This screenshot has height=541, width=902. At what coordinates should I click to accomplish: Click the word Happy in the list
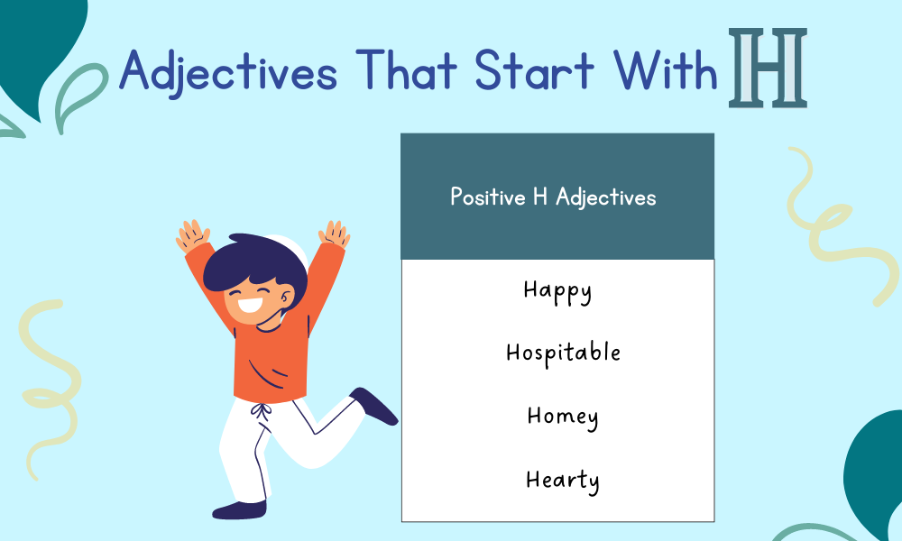pyautogui.click(x=557, y=291)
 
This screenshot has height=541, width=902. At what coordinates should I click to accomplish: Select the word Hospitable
pyautogui.click(x=563, y=353)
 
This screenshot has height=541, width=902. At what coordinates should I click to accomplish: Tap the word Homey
pyautogui.click(x=563, y=417)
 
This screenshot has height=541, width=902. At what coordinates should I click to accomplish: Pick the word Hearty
pyautogui.click(x=562, y=480)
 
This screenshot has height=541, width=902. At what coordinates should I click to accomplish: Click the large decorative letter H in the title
pyautogui.click(x=769, y=69)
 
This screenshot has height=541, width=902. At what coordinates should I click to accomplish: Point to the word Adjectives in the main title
pyautogui.click(x=227, y=71)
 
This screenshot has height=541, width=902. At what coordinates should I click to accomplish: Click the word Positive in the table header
pyautogui.click(x=486, y=197)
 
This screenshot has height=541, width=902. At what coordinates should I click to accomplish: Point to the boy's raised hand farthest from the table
pyautogui.click(x=192, y=236)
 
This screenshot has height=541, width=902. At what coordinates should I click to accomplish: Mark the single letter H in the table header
pyautogui.click(x=540, y=197)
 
